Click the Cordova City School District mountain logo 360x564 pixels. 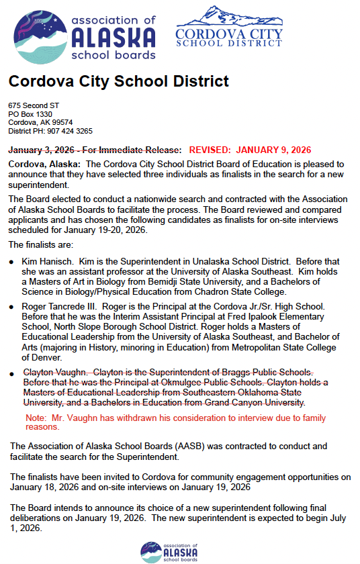point(229,28)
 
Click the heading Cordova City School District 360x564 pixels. point(118,82)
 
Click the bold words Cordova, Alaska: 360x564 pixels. point(44,164)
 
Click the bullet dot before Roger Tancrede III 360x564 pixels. point(11,306)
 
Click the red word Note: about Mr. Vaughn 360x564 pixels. point(36,417)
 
